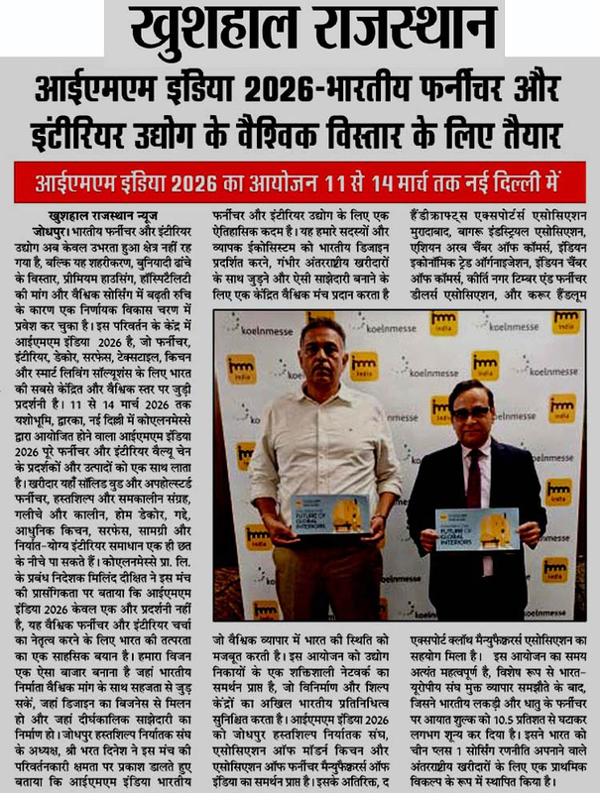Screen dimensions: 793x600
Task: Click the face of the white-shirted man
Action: [x=322, y=346]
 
